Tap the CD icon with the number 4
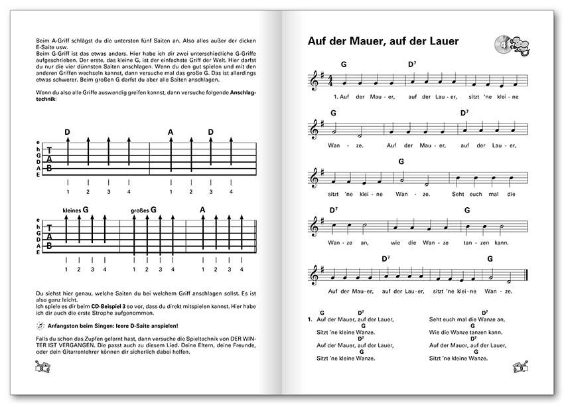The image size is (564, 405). (503, 44)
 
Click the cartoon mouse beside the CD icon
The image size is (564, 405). (520, 46)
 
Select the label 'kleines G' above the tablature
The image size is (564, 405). (76, 210)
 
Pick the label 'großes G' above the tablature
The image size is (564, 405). (144, 210)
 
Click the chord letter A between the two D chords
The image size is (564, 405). (171, 132)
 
